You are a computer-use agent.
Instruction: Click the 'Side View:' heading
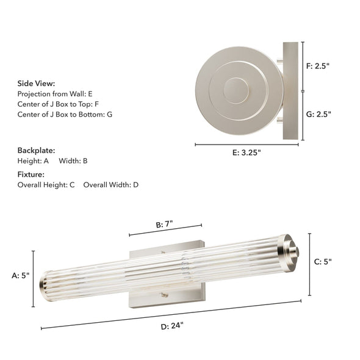tap(36, 83)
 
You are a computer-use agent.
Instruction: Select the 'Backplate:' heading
tap(36, 149)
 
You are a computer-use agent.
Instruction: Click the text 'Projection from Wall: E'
tap(55, 94)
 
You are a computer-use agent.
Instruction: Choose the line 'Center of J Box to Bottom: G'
tap(65, 114)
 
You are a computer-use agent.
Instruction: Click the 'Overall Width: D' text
tap(110, 184)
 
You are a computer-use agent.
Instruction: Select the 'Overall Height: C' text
tap(46, 184)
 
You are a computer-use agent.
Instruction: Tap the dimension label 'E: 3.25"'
tap(247, 153)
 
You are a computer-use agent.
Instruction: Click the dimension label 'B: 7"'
tap(164, 224)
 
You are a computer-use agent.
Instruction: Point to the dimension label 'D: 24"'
tap(173, 326)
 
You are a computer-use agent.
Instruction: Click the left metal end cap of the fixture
tap(45, 282)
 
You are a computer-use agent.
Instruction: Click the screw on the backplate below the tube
tap(163, 295)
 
